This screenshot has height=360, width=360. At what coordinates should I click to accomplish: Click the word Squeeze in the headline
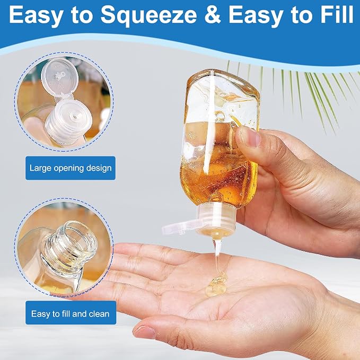[x=149, y=15]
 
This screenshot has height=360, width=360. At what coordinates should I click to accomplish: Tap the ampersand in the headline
[x=213, y=14]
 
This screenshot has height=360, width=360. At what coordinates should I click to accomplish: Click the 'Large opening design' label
[x=71, y=168]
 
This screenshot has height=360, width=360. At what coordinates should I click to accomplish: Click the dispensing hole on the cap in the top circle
[x=75, y=117]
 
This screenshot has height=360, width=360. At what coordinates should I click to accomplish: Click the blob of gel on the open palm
[x=216, y=285]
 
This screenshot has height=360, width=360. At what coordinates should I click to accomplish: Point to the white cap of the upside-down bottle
[x=216, y=220]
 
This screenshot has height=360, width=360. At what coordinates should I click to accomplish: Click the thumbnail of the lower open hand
[x=145, y=332]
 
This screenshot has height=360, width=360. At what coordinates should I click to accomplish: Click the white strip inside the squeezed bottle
[x=210, y=122]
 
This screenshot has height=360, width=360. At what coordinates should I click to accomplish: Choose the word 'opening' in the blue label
[x=69, y=169]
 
